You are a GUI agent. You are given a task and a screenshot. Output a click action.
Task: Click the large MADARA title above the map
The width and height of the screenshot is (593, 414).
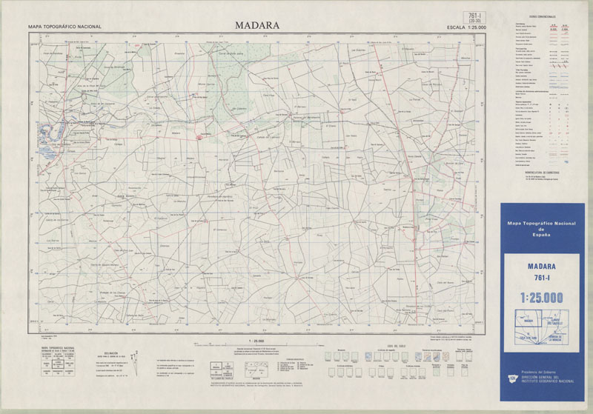pyautogui.click(x=257, y=24)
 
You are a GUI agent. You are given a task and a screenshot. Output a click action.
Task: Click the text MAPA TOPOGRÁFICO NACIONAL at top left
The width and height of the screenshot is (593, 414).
pyautogui.click(x=64, y=27)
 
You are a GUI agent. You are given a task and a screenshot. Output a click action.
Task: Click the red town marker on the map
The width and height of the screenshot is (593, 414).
pyautogui.click(x=199, y=136)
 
